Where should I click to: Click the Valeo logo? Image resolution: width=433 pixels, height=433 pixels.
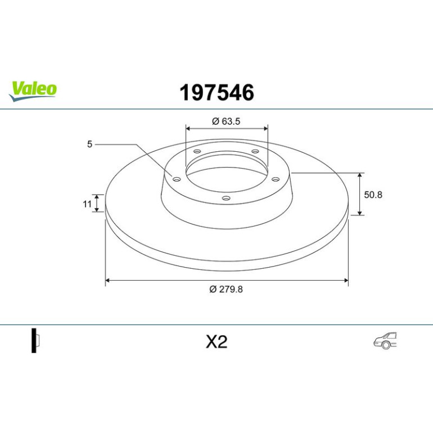[x=33, y=91]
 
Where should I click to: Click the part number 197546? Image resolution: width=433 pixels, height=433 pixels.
[x=216, y=93]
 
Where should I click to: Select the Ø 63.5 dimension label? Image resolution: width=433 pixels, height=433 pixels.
[x=226, y=121]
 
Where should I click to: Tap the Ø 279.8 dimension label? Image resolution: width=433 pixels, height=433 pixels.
[x=226, y=289]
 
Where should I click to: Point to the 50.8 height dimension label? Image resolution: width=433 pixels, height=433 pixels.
[x=373, y=195]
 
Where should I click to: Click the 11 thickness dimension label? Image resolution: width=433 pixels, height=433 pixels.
[x=87, y=204]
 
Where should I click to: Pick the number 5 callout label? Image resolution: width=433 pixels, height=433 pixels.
[x=89, y=144]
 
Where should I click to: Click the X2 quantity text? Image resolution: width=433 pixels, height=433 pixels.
[x=216, y=342]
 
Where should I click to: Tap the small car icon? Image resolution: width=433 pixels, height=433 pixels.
[x=385, y=340]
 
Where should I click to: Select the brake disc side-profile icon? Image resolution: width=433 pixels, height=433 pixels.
[x=35, y=340]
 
